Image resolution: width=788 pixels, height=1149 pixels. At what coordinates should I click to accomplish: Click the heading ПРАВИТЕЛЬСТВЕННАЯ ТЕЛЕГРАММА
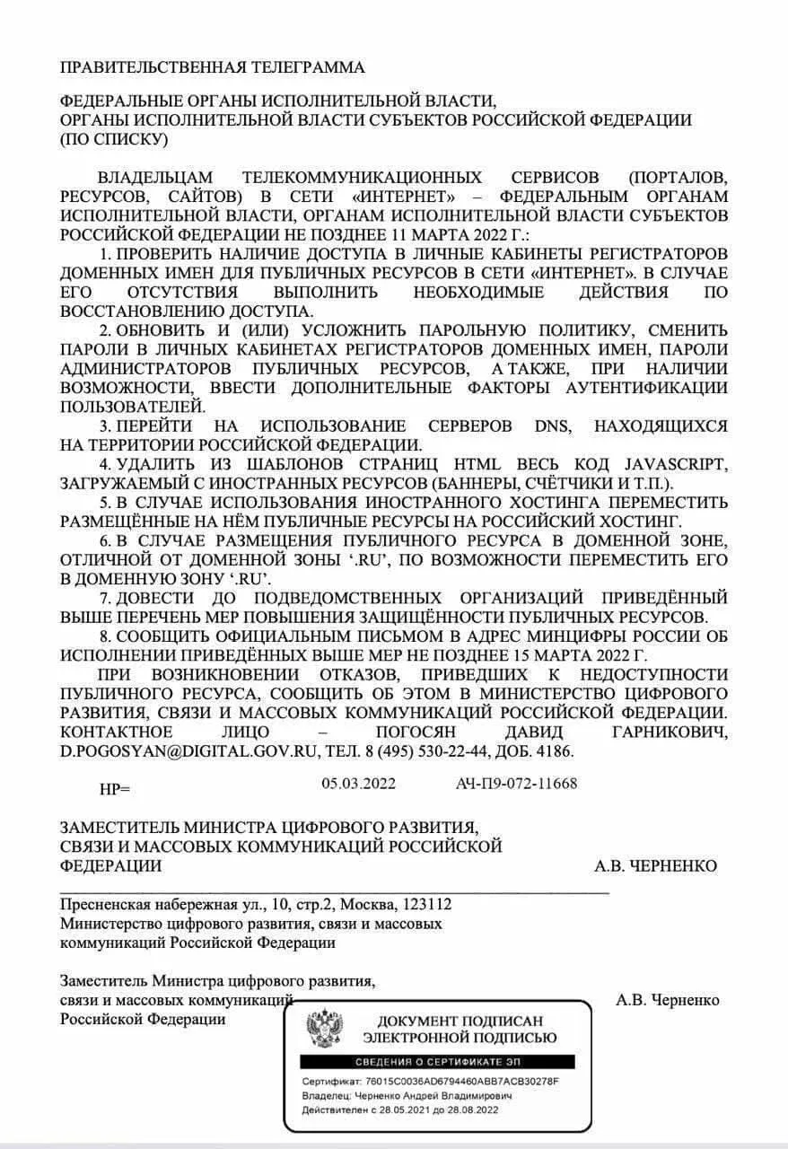click(x=212, y=68)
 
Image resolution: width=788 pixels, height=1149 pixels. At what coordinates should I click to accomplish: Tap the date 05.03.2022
click(x=358, y=784)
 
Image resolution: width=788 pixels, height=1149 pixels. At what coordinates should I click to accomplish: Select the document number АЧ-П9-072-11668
click(x=516, y=784)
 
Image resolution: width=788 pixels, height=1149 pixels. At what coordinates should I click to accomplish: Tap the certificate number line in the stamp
click(x=430, y=1082)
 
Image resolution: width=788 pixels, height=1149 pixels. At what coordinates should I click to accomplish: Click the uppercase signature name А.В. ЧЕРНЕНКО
click(x=655, y=865)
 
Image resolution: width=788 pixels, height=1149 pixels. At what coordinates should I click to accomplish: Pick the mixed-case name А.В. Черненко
click(x=668, y=1000)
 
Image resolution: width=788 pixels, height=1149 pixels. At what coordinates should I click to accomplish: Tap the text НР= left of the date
click(x=114, y=789)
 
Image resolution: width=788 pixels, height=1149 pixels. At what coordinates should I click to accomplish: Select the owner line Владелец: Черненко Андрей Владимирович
click(x=407, y=1096)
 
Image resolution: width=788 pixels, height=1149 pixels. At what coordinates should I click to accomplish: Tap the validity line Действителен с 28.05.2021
click(x=399, y=1110)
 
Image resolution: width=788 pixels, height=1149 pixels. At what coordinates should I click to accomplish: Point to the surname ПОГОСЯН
click(x=425, y=733)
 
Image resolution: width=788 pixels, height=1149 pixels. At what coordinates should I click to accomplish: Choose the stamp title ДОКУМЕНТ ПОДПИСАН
click(x=460, y=1022)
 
